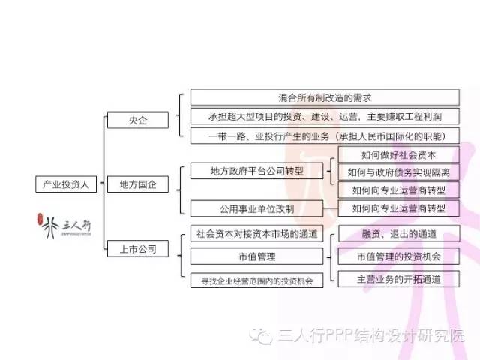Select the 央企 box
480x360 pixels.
click(137, 120)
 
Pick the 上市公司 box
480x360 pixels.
click(137, 248)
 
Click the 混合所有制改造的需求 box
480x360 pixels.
click(324, 97)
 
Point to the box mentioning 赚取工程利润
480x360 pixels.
click(324, 116)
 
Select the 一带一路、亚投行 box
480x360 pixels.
click(324, 136)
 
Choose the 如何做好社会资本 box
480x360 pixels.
click(398, 155)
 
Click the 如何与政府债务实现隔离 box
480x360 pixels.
click(398, 172)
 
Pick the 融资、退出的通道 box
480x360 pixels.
click(398, 233)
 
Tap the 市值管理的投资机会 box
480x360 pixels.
click(398, 256)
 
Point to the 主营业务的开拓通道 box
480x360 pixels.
click(398, 279)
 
